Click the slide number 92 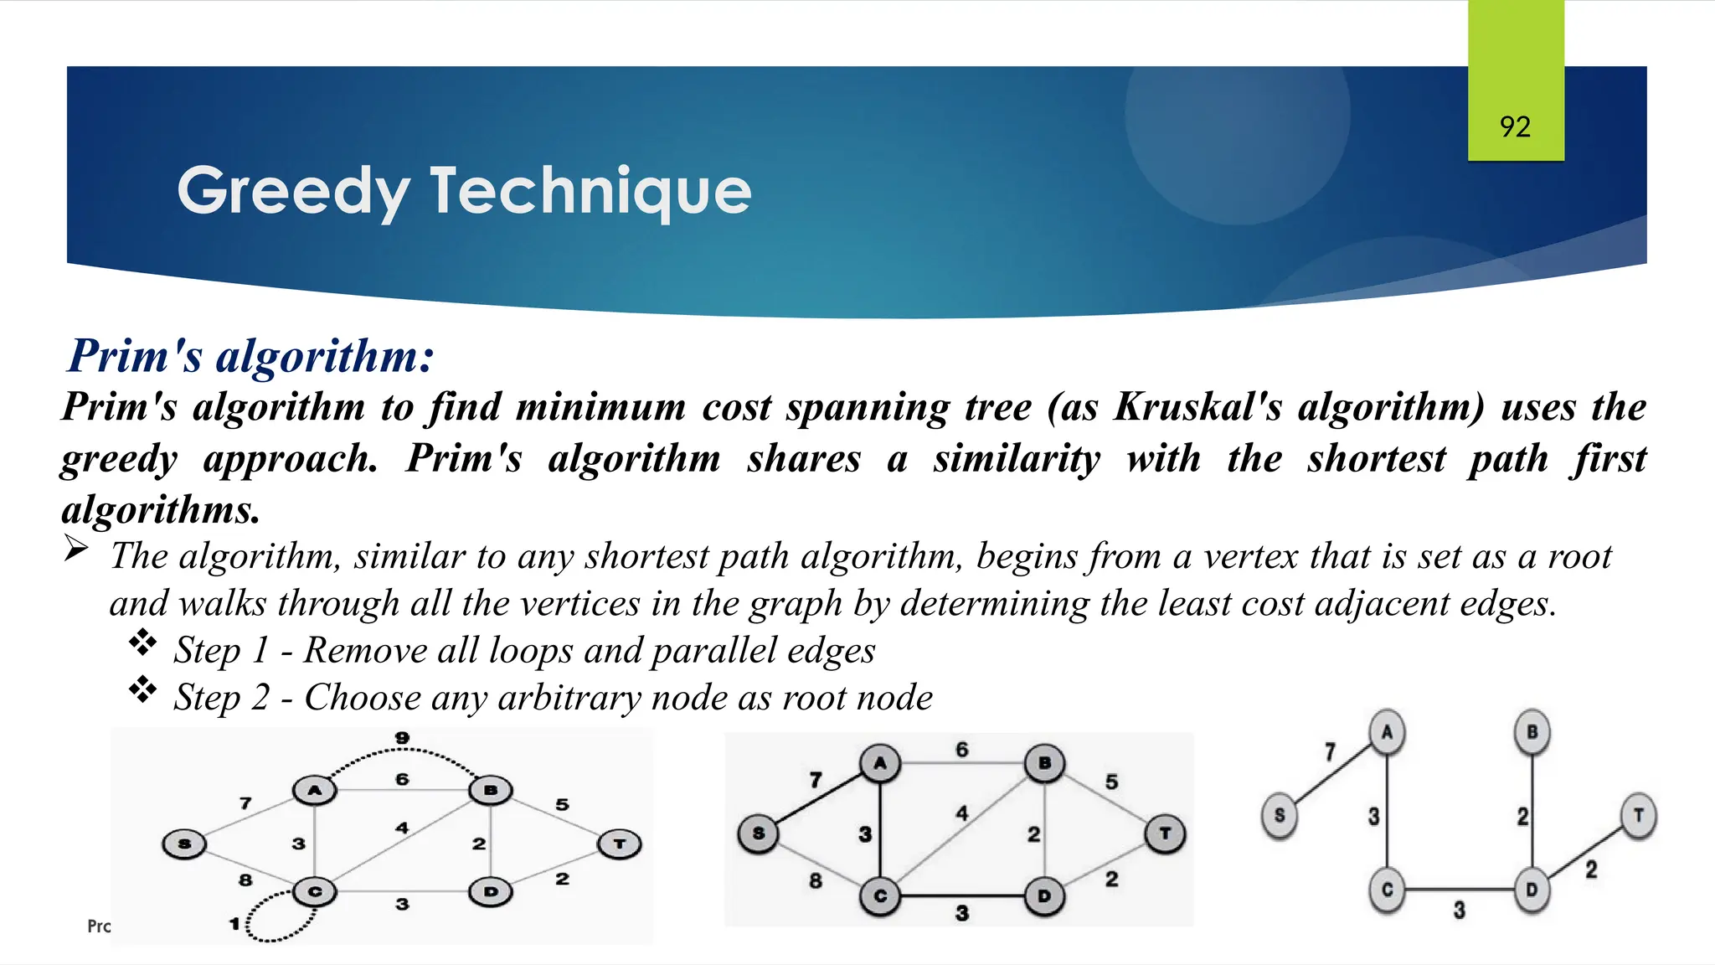click(x=1515, y=127)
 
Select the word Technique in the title click(x=590, y=192)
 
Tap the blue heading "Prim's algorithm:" click(x=251, y=356)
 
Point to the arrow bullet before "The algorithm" click(x=76, y=550)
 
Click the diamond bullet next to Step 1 click(x=142, y=642)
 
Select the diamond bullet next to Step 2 click(x=142, y=689)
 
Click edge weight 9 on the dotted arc click(x=403, y=738)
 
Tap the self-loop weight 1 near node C click(x=235, y=924)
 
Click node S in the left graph click(x=184, y=844)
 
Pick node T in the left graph click(x=620, y=844)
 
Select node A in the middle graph click(x=879, y=763)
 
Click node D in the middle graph click(x=1043, y=895)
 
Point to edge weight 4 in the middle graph click(x=962, y=813)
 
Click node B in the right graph click(x=1532, y=732)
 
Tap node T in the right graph click(x=1638, y=815)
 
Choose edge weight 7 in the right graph click(x=1330, y=751)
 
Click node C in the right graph click(x=1387, y=890)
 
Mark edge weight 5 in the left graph click(x=562, y=804)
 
